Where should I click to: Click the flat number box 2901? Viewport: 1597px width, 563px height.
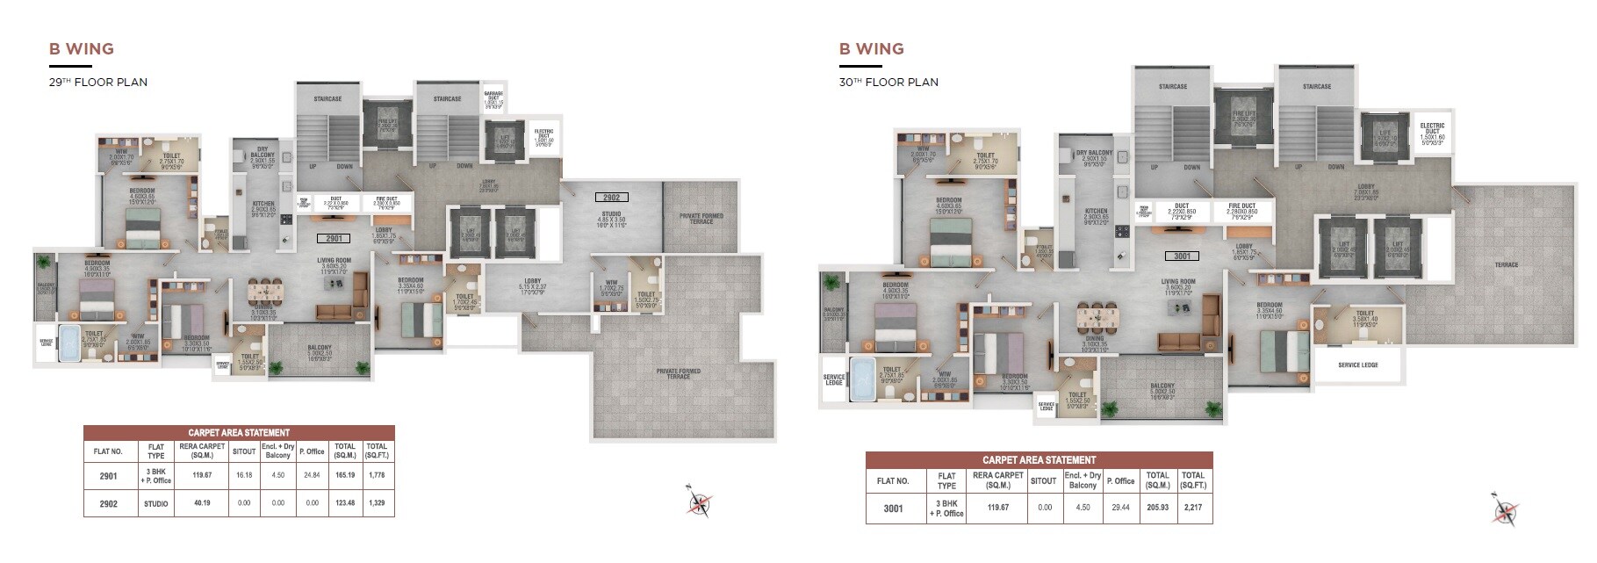[334, 238]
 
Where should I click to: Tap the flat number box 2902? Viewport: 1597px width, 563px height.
[611, 198]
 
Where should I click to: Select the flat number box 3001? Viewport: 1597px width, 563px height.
[1182, 256]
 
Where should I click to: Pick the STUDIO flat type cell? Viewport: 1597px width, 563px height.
[155, 503]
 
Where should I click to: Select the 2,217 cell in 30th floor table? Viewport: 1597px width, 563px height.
[1193, 508]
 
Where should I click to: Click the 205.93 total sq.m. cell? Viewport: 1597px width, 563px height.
[1157, 508]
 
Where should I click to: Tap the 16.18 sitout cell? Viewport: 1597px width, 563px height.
[244, 475]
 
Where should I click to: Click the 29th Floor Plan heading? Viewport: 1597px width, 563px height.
[97, 83]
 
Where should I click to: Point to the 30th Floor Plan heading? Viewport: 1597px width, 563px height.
[888, 83]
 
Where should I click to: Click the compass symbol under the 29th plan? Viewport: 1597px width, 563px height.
[700, 502]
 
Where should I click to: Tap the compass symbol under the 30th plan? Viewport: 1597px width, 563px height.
[1504, 511]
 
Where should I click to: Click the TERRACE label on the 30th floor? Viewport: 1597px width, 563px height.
[1506, 264]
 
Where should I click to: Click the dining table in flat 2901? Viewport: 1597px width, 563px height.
[263, 292]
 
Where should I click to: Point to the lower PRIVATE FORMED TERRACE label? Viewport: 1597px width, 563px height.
[678, 373]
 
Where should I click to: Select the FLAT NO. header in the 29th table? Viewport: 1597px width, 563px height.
[109, 451]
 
